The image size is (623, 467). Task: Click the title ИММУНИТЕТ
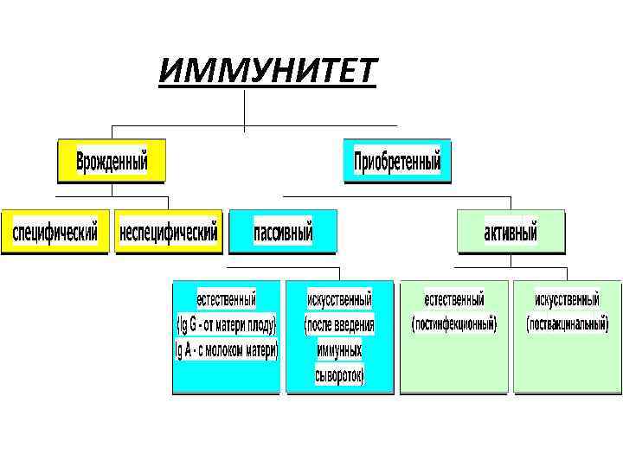[x=268, y=68]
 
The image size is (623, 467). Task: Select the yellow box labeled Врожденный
[x=112, y=162]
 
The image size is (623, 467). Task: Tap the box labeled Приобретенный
[x=397, y=162]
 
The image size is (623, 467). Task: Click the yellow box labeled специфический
[x=55, y=233]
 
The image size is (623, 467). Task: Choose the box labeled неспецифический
[x=169, y=233]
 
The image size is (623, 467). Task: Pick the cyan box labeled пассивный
[x=282, y=233]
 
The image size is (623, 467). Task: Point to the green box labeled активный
[x=511, y=233]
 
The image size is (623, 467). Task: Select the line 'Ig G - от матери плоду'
[x=226, y=326]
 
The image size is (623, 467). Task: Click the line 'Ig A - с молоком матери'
[x=226, y=350]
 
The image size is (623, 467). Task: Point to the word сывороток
[x=339, y=375]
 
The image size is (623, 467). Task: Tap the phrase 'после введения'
[x=339, y=326]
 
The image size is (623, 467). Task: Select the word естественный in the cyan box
[x=226, y=300]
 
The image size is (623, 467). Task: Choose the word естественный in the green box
[x=454, y=300]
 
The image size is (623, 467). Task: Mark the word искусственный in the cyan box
[x=339, y=300]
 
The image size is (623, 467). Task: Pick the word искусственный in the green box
[x=567, y=300]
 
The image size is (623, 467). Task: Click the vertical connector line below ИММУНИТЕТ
[x=245, y=108]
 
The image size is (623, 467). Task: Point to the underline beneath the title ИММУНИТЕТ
[x=268, y=86]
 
